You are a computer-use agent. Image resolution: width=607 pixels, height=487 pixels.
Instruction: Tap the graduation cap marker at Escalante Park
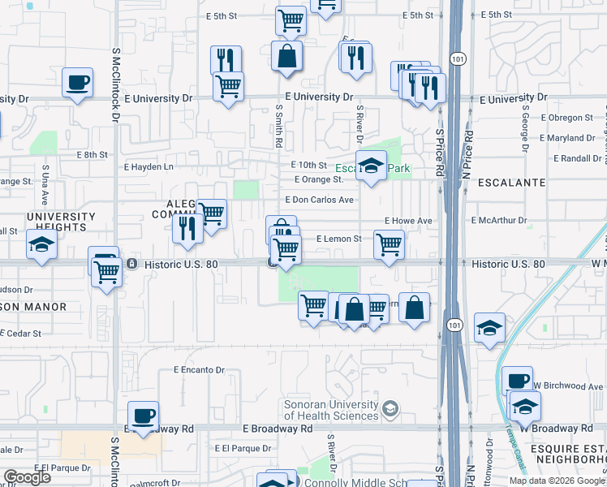[x=371, y=166]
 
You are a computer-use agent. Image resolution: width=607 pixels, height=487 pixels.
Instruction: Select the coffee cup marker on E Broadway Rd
[x=143, y=416]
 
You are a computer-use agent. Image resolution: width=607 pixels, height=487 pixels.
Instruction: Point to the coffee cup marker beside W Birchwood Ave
[x=516, y=381]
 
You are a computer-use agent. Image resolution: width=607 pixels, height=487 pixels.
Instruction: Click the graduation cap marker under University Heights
[x=41, y=244]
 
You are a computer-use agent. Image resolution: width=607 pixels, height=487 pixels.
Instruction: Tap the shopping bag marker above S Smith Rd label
[x=286, y=56]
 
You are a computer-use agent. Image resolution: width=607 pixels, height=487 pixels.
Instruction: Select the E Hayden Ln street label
[x=149, y=166]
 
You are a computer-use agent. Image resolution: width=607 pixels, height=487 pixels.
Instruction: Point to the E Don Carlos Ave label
[x=319, y=200]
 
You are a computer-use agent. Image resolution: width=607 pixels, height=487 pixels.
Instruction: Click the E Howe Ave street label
[x=408, y=221]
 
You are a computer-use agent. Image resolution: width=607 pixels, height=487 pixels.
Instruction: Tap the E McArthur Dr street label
[x=499, y=220]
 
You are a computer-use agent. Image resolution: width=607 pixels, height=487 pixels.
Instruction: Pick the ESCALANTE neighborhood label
[x=511, y=183]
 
